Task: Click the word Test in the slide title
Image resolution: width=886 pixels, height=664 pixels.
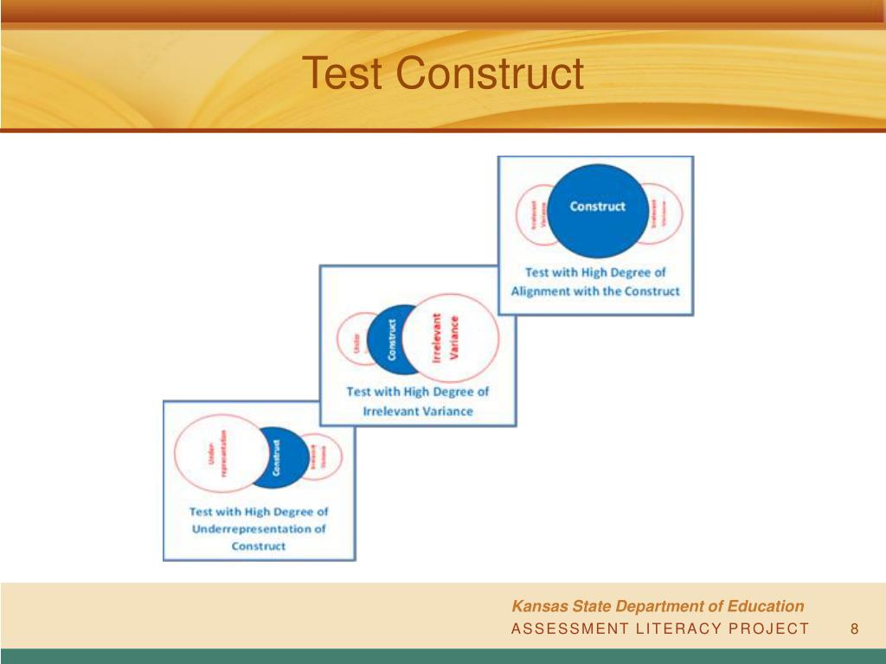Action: click(x=343, y=73)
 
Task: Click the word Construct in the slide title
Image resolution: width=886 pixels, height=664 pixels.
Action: click(x=491, y=73)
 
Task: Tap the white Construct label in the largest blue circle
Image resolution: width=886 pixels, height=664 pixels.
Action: click(x=597, y=207)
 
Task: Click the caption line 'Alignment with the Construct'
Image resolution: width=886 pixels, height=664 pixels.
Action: click(x=595, y=291)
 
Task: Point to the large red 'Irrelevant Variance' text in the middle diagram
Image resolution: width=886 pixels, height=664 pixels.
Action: click(x=446, y=338)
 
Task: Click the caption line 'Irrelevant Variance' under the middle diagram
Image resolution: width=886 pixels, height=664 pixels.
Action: click(x=418, y=412)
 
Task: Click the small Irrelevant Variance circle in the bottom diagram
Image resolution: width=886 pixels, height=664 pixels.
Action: click(x=321, y=455)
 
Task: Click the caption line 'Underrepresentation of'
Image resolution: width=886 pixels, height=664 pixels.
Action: click(x=259, y=529)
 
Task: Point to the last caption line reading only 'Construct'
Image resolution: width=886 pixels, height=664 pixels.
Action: click(x=259, y=546)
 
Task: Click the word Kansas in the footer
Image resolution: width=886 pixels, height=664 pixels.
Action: click(x=536, y=606)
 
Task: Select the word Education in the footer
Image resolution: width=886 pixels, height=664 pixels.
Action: click(x=767, y=606)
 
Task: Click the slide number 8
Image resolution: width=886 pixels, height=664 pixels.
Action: click(x=854, y=629)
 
